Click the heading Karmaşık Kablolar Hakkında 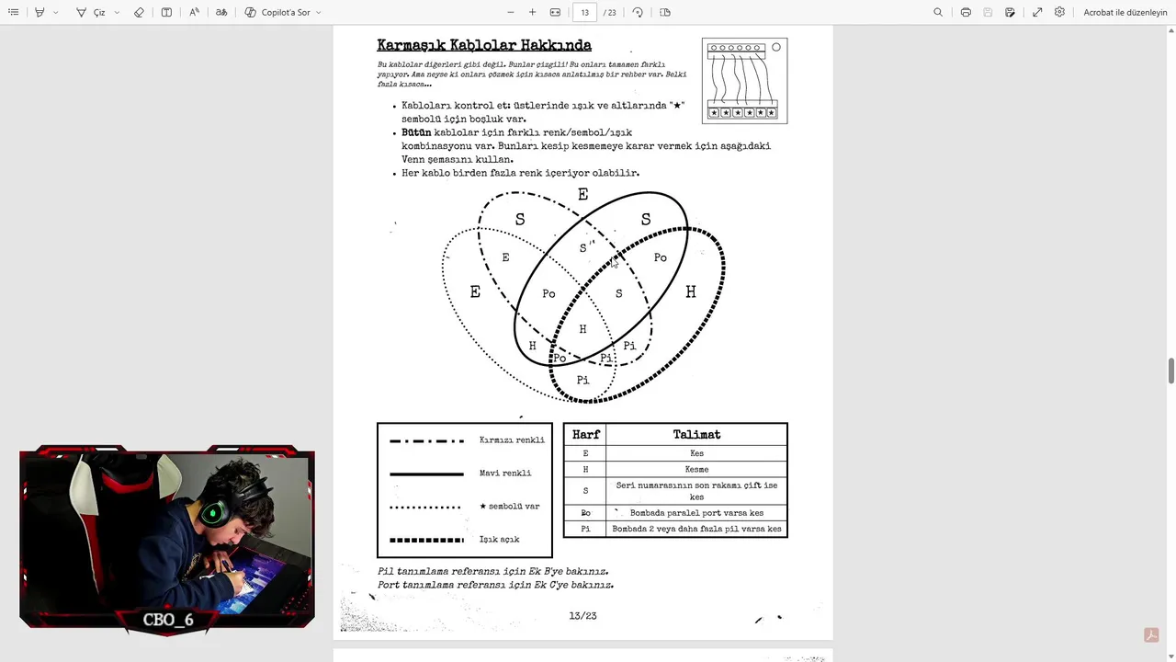coord(484,45)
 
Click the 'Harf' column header coord(585,435)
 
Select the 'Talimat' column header coord(696,435)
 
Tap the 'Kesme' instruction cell coord(696,469)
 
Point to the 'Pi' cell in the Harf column coord(585,529)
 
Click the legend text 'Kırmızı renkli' coord(512,440)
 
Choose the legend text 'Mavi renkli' coord(505,474)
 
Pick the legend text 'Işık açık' coord(500,540)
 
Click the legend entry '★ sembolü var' coord(510,507)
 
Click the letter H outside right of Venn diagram coord(691,292)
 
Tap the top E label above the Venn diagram coord(582,195)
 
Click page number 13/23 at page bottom coord(582,616)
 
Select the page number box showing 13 coord(585,13)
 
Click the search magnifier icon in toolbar coord(938,13)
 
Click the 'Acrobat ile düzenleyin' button coord(1125,13)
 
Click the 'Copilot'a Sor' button coord(283,13)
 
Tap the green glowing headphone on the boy coord(213,513)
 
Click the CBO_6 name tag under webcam coord(168,620)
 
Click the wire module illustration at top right coord(745,81)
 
